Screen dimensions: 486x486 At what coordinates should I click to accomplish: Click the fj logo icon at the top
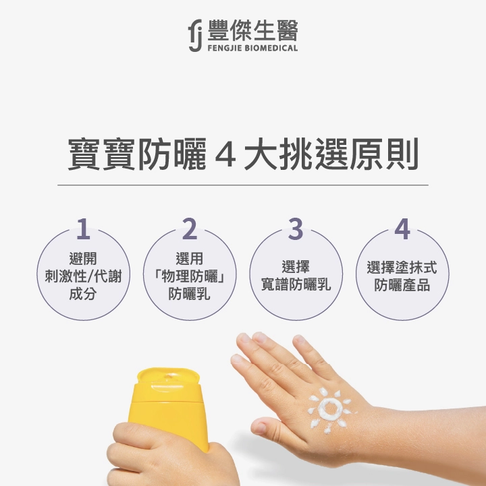[195, 35]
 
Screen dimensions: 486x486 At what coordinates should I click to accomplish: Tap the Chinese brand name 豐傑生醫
[252, 30]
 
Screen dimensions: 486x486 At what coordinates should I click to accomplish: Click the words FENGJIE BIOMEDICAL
[252, 48]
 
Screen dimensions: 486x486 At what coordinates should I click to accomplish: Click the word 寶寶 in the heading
[101, 154]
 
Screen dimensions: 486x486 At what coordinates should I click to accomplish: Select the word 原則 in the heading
[385, 154]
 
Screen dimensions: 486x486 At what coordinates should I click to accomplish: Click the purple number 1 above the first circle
[83, 229]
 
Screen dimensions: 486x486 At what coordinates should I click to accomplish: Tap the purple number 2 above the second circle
[190, 229]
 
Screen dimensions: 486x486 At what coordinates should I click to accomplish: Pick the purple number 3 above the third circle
[296, 229]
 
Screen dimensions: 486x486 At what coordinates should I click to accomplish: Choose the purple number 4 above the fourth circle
[402, 229]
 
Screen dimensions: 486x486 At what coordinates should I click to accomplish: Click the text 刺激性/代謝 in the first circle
[83, 276]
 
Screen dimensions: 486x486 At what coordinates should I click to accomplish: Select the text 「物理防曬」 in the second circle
[190, 276]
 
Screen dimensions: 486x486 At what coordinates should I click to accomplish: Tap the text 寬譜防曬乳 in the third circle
[296, 284]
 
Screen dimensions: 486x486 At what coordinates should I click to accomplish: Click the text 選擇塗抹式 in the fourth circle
[402, 267]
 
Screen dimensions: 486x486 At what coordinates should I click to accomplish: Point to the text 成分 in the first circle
[83, 294]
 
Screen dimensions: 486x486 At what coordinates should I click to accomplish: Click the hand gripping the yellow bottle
[167, 456]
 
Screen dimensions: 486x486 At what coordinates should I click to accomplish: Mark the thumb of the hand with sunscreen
[270, 428]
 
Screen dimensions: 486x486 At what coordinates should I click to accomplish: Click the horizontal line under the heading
[243, 185]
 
